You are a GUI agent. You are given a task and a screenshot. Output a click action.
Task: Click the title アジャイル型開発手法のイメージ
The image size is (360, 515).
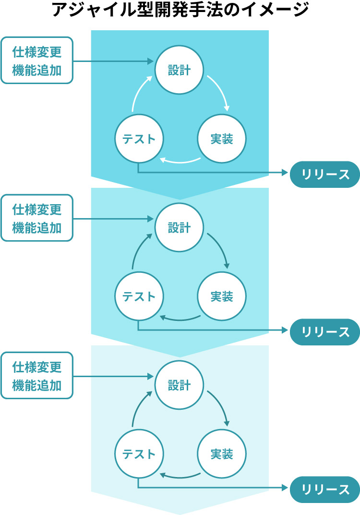pos(180,11)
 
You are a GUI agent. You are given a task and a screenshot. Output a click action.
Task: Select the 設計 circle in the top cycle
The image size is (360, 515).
pos(179,71)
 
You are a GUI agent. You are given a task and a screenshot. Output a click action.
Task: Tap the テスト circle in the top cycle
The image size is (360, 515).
pos(139,139)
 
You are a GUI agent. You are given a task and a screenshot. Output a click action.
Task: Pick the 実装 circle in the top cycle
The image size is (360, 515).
pos(222,139)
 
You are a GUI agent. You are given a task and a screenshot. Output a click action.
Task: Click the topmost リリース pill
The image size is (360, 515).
pos(325,174)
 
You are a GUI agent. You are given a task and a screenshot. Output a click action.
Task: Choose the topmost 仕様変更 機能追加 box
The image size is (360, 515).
pos(37,61)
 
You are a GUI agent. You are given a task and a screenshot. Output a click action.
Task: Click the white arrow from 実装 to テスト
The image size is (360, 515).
pos(180,161)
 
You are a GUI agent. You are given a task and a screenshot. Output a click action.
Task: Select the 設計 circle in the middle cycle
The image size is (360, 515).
pos(179,228)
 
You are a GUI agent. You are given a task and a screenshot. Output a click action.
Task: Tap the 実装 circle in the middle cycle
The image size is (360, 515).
pos(222,296)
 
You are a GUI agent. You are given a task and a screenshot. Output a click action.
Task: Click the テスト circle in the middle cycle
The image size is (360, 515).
pos(139,296)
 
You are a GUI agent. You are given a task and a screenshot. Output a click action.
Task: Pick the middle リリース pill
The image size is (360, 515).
pos(325,331)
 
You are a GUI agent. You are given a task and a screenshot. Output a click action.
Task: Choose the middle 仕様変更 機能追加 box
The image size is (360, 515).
pos(37,218)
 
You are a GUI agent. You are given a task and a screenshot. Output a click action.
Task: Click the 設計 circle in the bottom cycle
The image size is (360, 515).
pos(179,385)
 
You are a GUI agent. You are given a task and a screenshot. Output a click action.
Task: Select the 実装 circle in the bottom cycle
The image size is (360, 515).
pos(222,454)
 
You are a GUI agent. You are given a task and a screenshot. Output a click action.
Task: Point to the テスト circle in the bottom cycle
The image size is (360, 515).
pos(139,454)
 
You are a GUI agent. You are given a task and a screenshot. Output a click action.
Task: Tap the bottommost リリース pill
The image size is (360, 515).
pos(325,489)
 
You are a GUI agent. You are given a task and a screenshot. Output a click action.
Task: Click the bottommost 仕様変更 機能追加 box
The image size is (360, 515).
pos(37,375)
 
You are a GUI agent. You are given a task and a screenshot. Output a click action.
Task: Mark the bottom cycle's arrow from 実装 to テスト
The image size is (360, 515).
pos(180,476)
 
